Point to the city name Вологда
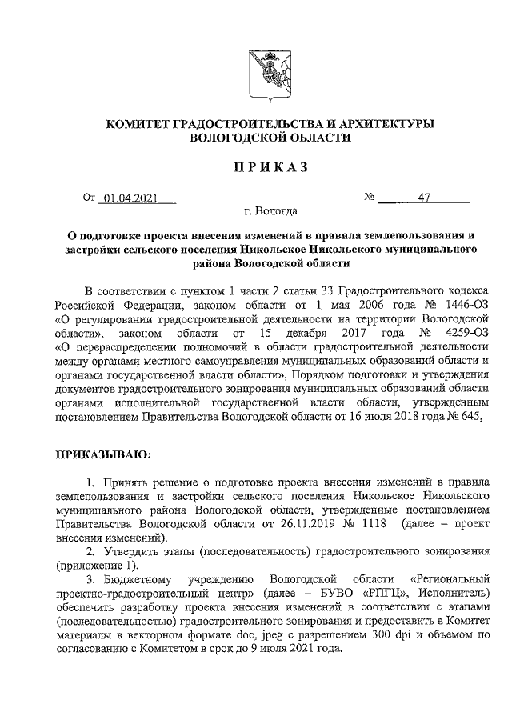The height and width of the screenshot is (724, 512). click(x=275, y=213)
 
